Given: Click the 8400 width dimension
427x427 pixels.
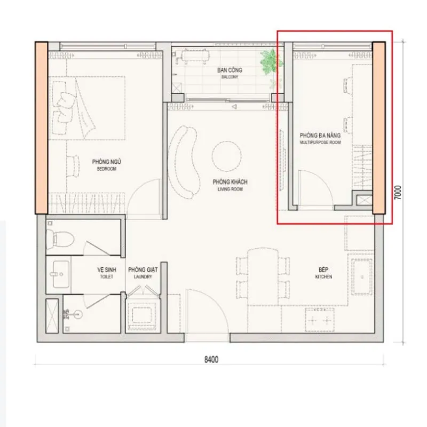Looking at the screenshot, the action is (211, 359).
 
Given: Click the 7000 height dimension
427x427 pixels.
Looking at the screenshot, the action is (398, 192).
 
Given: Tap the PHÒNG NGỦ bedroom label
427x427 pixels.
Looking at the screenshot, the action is (106, 165).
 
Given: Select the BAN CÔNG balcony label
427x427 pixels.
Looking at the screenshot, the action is (230, 73).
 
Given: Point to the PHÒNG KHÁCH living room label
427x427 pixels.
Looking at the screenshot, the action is (230, 185).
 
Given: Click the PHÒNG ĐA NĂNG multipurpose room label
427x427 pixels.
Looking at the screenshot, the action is (320, 138).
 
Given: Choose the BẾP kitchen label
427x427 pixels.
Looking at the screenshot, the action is (323, 273).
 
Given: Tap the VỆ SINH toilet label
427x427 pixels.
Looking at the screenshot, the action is (106, 273).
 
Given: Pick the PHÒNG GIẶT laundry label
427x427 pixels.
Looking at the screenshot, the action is (143, 273).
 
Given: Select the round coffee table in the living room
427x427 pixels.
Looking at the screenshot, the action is (226, 156).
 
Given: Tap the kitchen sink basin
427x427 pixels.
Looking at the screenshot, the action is (362, 276).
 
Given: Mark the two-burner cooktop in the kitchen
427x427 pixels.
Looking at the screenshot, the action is (320, 320).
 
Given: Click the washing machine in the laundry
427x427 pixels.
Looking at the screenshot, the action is (142, 315).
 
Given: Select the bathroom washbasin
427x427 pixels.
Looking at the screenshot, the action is (61, 274).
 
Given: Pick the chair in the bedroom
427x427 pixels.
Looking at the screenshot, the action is (73, 166).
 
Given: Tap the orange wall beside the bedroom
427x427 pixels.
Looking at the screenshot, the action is (42, 128).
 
